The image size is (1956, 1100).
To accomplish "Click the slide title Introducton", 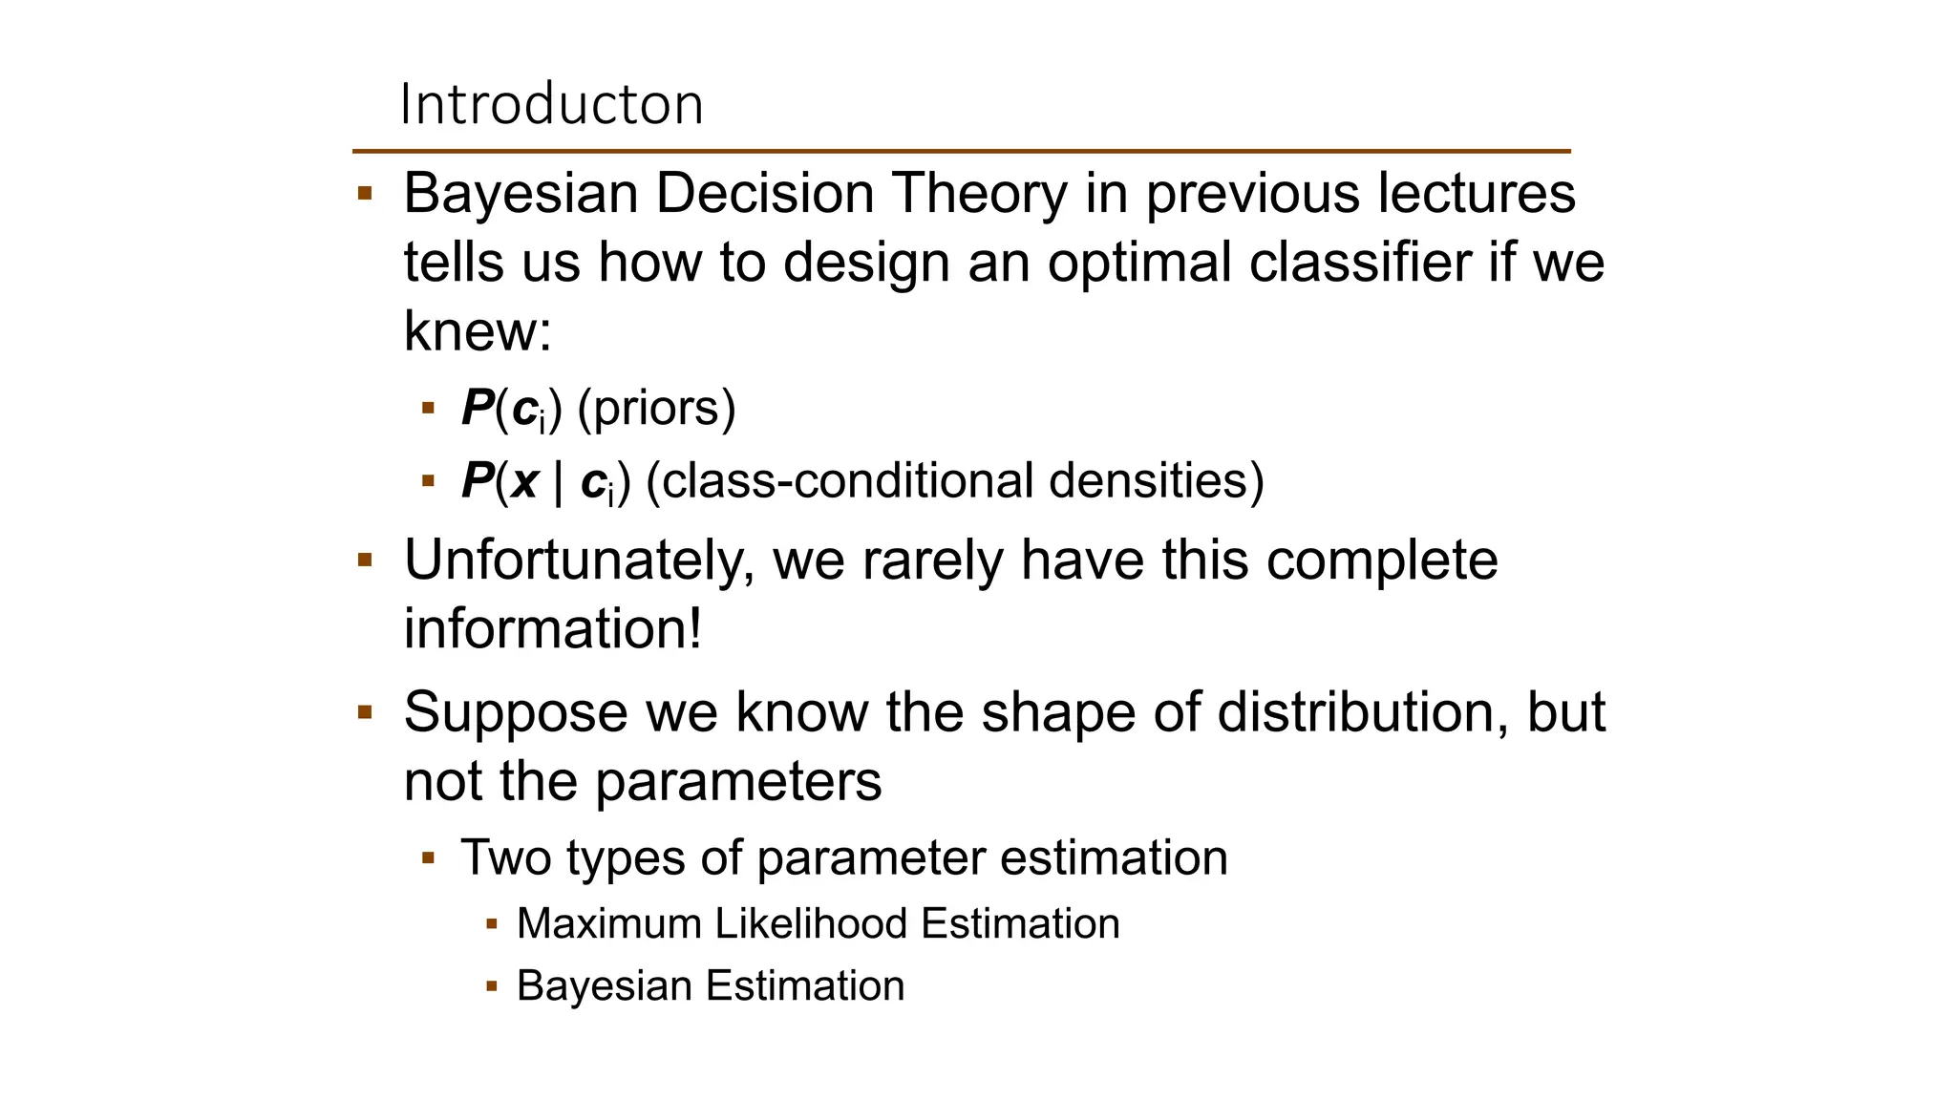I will [x=551, y=104].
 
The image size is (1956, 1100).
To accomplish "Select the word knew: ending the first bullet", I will [x=478, y=331].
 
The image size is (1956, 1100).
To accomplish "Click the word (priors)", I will [x=657, y=409].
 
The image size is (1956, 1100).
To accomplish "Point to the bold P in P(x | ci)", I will [x=477, y=480].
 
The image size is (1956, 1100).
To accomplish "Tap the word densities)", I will [x=1156, y=480].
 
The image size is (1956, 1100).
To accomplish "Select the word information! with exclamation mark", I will [x=552, y=629].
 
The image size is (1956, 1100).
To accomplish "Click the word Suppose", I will [x=515, y=712].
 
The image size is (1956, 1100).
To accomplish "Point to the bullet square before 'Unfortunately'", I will [x=364, y=560].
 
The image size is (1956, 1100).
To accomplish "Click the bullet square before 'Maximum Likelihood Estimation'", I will [x=492, y=923].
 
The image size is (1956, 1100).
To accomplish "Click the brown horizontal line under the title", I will [x=961, y=151].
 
